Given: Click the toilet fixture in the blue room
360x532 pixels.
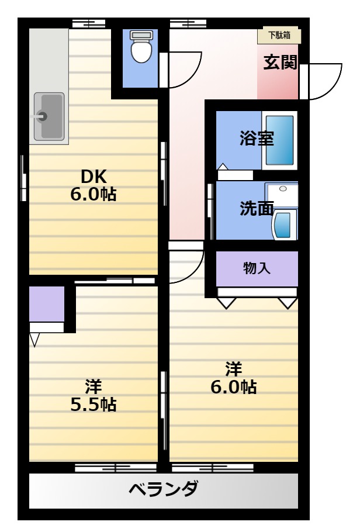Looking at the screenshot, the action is point(141,47).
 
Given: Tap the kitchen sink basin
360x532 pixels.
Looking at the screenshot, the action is point(49,116).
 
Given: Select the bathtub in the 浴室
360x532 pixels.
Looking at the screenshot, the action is point(279,140).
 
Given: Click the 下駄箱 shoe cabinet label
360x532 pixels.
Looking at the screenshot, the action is point(279,35).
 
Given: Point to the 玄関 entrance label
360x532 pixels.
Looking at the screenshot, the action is point(281,62).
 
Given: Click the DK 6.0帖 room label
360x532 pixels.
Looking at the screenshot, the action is point(94,185).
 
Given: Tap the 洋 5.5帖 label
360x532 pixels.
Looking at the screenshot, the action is point(94,396).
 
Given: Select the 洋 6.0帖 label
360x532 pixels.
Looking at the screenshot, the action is point(233,378).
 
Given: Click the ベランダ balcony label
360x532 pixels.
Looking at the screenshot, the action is point(163,489).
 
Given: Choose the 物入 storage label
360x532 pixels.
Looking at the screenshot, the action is point(257,268).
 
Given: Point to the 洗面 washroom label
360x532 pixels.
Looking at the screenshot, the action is point(257,208).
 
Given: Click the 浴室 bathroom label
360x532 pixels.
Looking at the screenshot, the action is point(257,138).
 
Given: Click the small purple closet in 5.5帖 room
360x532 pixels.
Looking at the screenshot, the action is point(47,304).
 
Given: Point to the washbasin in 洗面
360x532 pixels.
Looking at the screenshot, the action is point(285,224).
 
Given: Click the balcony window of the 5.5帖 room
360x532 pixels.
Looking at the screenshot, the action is point(116,468).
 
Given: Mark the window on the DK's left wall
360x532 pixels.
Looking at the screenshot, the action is point(23,178).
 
